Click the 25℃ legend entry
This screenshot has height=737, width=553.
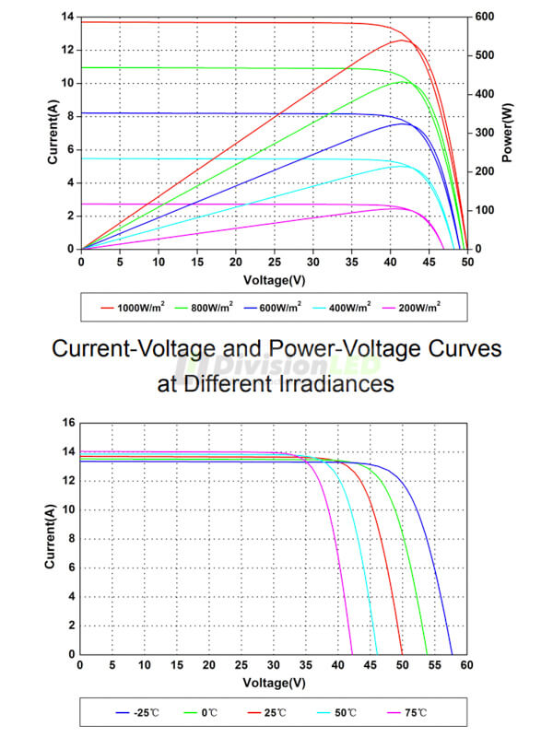[x=274, y=712]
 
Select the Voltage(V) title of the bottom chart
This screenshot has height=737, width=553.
[x=274, y=684]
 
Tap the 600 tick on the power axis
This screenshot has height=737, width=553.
[x=485, y=17]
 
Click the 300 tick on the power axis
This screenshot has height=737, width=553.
[x=485, y=133]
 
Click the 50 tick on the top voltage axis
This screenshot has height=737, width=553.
[x=467, y=261]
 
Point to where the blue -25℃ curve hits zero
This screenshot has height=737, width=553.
[x=452, y=654]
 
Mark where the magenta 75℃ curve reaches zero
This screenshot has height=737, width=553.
[x=352, y=654]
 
